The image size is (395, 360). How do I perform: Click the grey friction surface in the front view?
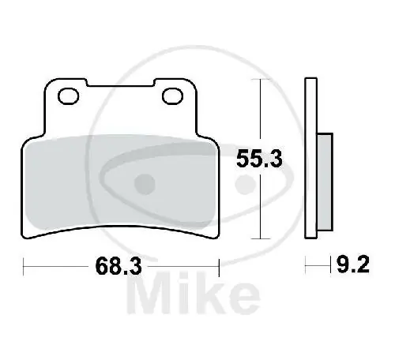[x=118, y=182]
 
